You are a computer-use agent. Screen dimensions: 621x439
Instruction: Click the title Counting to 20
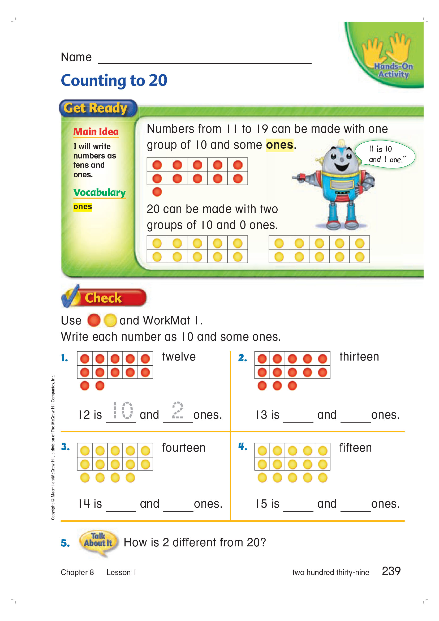point(114,81)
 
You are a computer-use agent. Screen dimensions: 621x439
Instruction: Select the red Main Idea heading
point(96,132)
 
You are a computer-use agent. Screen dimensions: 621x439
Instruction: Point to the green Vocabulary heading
point(100,192)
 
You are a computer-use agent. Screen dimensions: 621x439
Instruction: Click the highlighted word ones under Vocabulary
point(83,207)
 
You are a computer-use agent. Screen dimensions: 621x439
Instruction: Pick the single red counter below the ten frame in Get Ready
point(157,192)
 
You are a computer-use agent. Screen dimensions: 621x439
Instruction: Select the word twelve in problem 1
point(179,357)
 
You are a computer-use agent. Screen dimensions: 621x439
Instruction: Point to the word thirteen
point(359,357)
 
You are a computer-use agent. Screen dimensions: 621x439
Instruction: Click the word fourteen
point(184,448)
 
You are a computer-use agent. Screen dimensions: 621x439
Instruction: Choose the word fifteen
point(355,448)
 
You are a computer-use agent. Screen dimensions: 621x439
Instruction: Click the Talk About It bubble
point(98,540)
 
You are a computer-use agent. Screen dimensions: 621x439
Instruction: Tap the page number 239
point(391,571)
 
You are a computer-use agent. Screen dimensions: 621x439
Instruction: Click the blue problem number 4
point(243,447)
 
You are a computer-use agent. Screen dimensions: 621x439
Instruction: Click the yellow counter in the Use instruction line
point(110,320)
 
